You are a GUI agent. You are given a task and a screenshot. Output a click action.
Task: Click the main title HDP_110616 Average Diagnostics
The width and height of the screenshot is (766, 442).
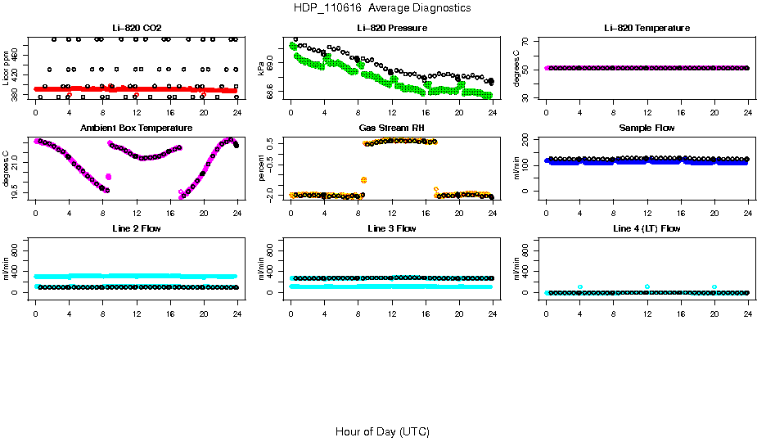coord(382,8)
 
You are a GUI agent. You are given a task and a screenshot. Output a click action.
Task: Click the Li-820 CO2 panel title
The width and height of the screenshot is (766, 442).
coord(137,28)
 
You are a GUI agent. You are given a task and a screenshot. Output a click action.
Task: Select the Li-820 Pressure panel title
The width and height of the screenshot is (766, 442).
coord(391,28)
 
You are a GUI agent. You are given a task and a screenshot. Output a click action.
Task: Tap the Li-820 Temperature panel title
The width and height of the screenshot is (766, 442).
coord(647,28)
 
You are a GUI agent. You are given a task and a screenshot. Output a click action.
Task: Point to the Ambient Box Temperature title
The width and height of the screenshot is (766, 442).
coord(137,128)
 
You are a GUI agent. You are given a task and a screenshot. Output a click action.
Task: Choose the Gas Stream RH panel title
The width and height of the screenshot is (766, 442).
coord(391,128)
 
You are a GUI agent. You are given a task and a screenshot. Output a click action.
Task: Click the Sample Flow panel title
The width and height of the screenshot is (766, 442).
coord(647,128)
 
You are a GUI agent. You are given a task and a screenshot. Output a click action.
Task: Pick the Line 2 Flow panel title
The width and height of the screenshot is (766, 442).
coord(137,228)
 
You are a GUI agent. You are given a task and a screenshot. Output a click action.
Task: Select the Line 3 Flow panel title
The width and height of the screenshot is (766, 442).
coord(391,228)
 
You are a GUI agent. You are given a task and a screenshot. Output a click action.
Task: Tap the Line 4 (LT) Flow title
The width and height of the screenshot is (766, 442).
coord(647,228)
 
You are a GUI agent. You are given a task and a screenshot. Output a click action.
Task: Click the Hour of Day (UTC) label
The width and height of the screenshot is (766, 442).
coord(382,431)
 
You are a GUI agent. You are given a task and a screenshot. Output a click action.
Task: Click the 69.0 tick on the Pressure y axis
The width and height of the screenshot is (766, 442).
coord(273,63)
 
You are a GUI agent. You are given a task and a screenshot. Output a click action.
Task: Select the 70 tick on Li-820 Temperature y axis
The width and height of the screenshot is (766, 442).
coord(529,40)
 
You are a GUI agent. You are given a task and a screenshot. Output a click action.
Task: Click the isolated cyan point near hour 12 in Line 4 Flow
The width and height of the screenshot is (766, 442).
coord(647,286)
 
